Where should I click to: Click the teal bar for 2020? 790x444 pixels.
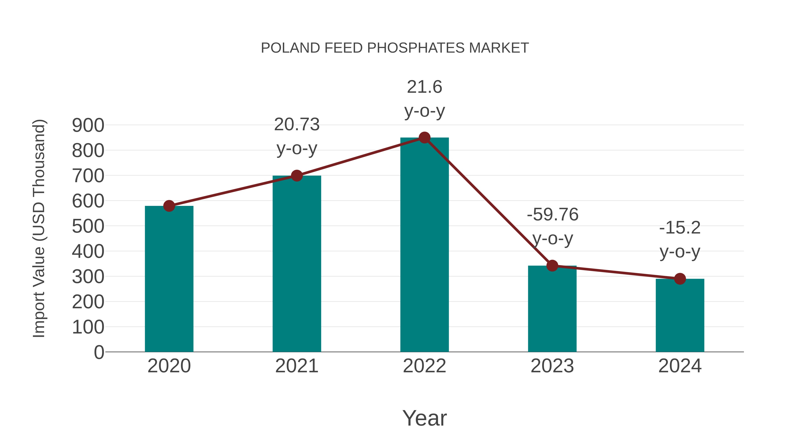coord(169,279)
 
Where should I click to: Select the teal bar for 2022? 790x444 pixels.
coord(424,245)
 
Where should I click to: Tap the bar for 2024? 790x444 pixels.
coord(680,316)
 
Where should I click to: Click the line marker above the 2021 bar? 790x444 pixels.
coord(297,176)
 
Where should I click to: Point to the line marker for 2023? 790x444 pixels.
coord(552,266)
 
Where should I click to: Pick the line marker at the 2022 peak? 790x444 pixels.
coord(424,138)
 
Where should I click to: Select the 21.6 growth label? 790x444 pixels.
coord(424,87)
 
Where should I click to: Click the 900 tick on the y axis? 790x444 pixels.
coord(88,125)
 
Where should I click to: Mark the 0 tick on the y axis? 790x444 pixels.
coord(99,352)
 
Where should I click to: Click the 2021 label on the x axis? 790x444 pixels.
coord(297,366)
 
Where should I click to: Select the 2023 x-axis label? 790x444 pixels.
coord(552,366)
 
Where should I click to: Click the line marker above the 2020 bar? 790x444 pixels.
coord(169,206)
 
